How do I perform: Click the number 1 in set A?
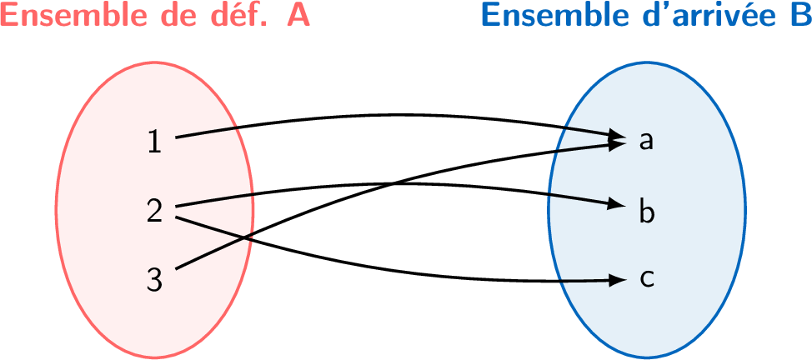pos(154,142)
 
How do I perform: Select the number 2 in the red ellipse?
pos(154,211)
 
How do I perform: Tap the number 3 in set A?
pos(154,279)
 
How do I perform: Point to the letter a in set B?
pos(645,141)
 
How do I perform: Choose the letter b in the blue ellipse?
pos(647,210)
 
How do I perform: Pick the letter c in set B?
pos(646,278)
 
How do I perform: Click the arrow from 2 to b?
pos(467,188)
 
